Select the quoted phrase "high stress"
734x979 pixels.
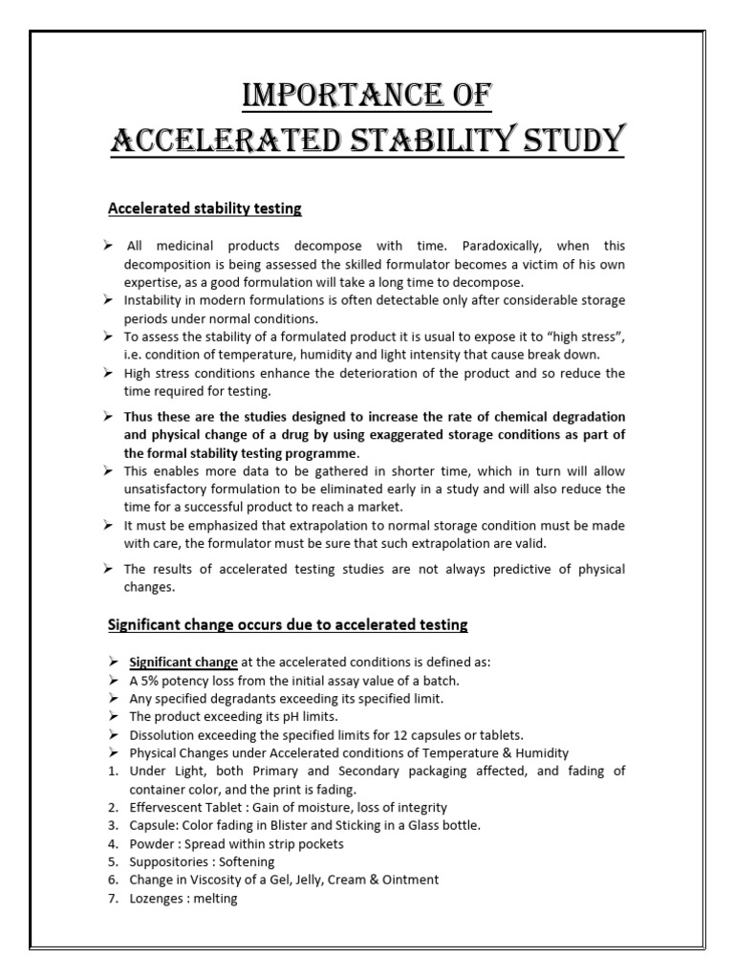coord(588,337)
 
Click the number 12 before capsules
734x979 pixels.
coord(414,735)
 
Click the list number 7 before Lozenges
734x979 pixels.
coord(111,899)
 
